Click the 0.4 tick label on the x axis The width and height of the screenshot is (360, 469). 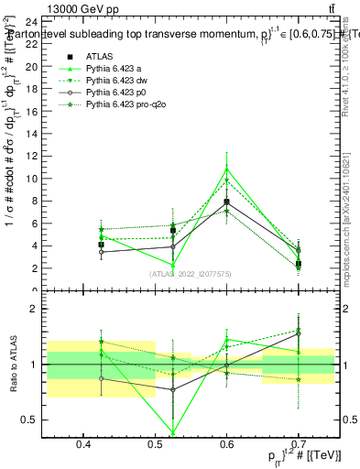83,445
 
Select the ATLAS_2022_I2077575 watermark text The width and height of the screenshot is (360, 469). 189,274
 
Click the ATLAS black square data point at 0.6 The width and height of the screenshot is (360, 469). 226,202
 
